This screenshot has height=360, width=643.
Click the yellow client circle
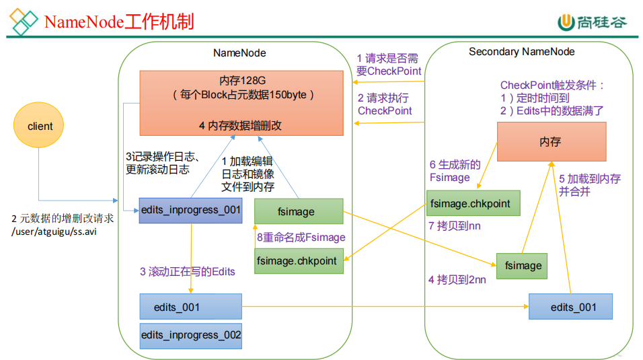tap(40, 127)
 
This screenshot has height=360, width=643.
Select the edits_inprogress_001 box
tap(190, 210)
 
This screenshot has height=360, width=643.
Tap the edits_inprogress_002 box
tap(190, 335)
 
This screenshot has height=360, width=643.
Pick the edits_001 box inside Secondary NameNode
tap(570, 307)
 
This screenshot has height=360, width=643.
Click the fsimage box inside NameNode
tap(299, 211)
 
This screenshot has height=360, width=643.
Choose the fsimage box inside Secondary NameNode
tap(523, 265)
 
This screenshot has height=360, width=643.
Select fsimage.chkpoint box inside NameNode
tap(299, 261)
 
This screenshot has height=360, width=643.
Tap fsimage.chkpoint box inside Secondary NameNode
tap(474, 203)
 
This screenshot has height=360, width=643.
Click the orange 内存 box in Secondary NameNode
tap(551, 141)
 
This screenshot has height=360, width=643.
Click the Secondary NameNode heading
tap(521, 52)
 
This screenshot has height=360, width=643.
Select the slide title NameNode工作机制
tap(118, 22)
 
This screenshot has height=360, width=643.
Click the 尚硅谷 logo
tap(592, 22)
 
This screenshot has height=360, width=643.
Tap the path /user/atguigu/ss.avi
tap(54, 231)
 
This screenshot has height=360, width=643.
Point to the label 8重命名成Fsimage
tap(301, 237)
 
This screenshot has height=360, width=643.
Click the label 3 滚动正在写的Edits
tap(188, 271)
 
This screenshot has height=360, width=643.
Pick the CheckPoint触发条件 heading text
tap(552, 85)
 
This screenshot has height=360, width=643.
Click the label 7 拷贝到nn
tap(455, 226)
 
